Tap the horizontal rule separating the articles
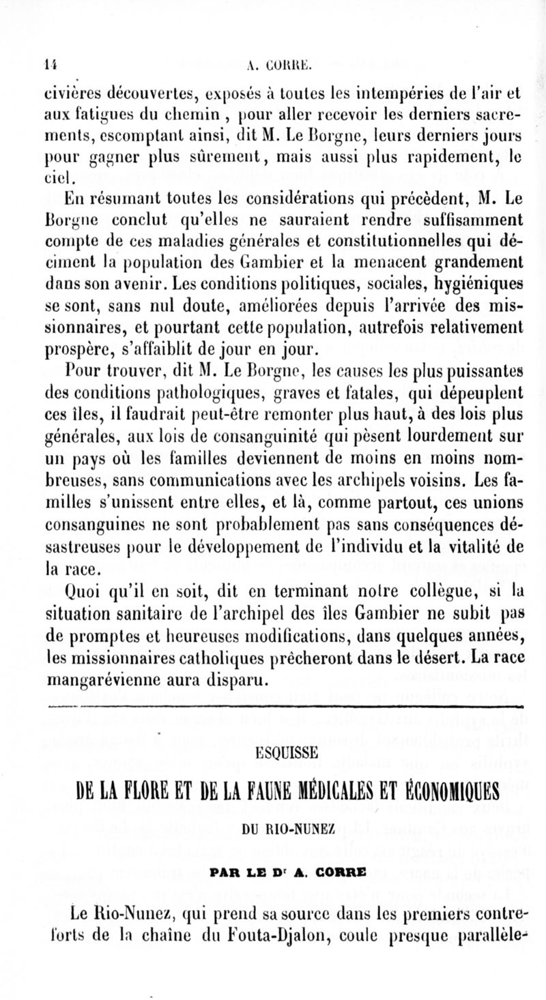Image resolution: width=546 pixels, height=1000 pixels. click(x=273, y=707)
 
